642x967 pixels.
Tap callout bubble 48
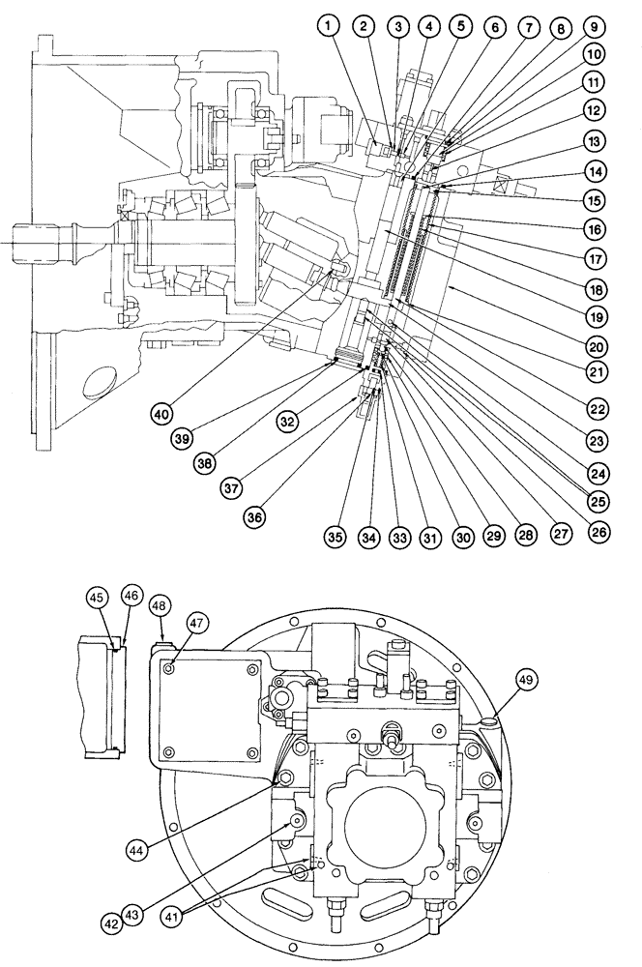pos(160,606)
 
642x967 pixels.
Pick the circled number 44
pos(141,849)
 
